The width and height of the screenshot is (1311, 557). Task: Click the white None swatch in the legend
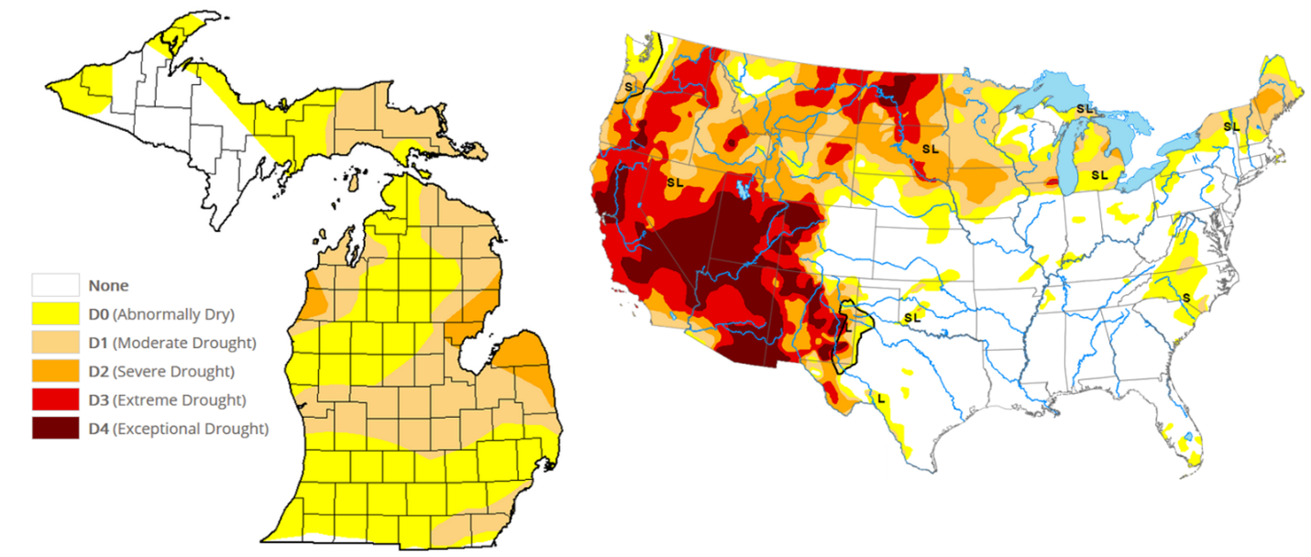click(x=55, y=285)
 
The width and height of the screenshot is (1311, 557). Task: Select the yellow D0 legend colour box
click(x=55, y=314)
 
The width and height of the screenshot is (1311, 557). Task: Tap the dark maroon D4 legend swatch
click(x=55, y=428)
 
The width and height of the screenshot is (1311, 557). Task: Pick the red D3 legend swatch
click(x=55, y=399)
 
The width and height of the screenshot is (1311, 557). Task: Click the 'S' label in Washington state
click(x=629, y=86)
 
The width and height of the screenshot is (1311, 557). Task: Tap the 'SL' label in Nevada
click(x=676, y=183)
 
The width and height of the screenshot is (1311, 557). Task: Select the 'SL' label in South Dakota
click(x=931, y=147)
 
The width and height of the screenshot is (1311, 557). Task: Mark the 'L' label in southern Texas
click(x=881, y=398)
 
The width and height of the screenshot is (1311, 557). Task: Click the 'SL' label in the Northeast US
click(x=1230, y=126)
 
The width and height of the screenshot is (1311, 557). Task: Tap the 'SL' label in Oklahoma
click(x=911, y=317)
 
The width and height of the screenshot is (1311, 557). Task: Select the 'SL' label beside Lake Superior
click(x=1085, y=109)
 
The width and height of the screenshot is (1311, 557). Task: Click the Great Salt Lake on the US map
click(x=743, y=191)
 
